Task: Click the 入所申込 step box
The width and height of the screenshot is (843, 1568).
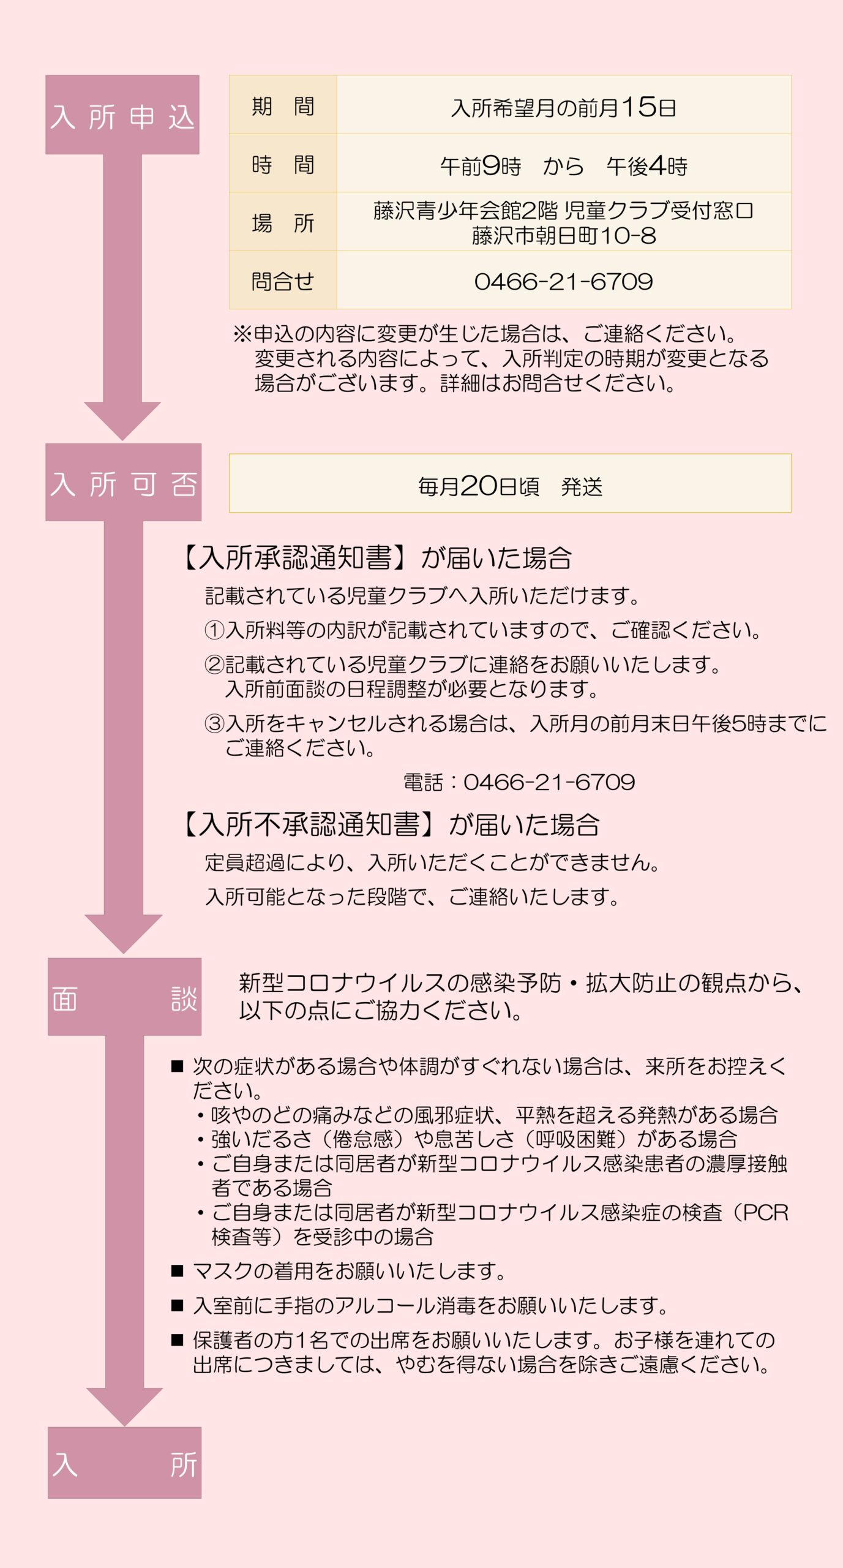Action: (122, 115)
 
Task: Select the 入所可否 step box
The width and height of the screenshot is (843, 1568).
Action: (124, 483)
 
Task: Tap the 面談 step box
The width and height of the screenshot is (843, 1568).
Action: (124, 997)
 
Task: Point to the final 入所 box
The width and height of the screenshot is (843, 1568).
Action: (124, 1464)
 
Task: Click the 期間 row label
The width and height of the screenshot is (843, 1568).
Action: (283, 106)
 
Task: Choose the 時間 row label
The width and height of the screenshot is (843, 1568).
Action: (283, 164)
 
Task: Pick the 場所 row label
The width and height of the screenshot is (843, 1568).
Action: (283, 222)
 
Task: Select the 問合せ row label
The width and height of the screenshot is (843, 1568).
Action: (283, 281)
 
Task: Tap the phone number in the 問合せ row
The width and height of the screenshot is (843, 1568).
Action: (563, 281)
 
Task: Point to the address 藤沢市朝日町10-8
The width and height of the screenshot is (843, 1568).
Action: (563, 235)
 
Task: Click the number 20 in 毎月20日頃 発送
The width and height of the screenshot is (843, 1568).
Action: (479, 486)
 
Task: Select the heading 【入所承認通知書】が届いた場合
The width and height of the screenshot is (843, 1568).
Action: (377, 558)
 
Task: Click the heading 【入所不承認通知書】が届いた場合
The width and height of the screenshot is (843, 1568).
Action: (391, 824)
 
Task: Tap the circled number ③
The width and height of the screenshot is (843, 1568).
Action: (214, 723)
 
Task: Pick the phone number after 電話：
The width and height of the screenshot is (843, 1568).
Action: (549, 782)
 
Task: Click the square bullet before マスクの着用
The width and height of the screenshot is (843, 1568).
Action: (178, 1271)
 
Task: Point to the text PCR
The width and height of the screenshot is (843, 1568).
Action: (765, 1212)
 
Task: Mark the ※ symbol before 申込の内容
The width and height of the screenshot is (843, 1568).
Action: (242, 334)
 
